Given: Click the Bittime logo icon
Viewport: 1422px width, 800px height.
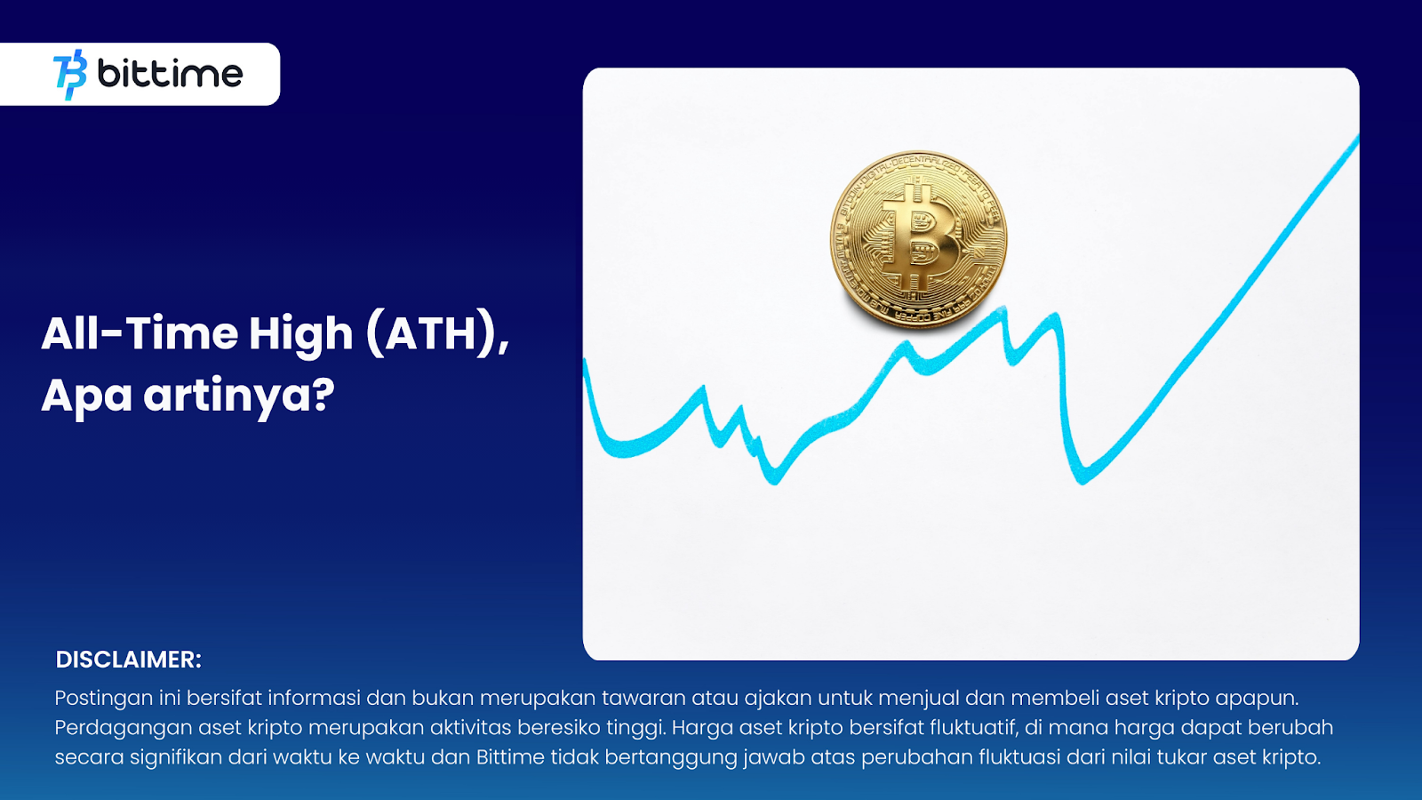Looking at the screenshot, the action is [70, 75].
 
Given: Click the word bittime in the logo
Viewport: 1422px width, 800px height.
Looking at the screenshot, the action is [170, 74].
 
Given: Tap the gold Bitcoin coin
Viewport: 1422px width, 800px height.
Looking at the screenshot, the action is [919, 239].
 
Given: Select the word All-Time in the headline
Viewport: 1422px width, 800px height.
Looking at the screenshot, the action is [140, 334].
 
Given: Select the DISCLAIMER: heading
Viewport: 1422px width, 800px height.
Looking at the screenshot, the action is [128, 660].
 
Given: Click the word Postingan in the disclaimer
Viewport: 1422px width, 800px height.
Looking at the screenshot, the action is [103, 699].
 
